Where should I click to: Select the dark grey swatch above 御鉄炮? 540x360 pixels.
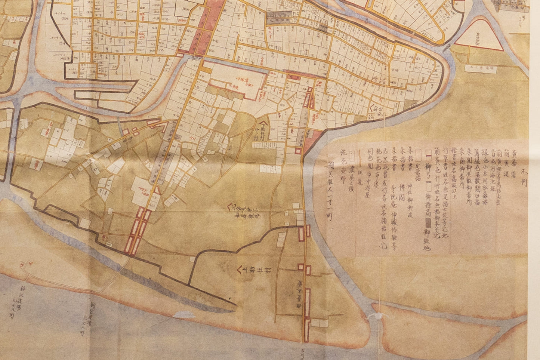click(x=429, y=222)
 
